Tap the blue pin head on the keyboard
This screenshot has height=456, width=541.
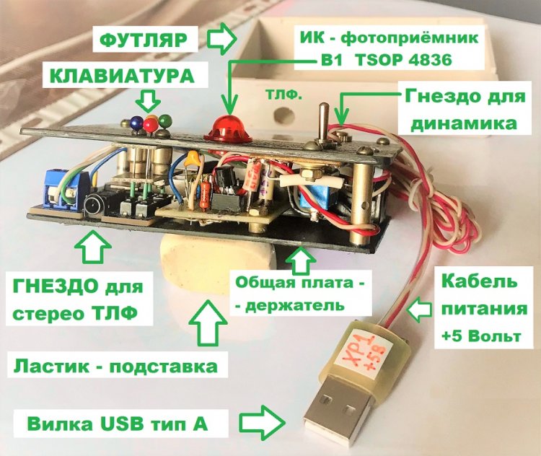(x=136, y=122)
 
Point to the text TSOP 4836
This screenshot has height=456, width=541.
(x=403, y=60)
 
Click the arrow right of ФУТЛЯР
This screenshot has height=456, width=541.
(x=221, y=39)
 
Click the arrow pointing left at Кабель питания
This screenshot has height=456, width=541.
(x=418, y=308)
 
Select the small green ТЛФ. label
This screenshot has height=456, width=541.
(x=284, y=95)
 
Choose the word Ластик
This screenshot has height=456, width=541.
(x=50, y=366)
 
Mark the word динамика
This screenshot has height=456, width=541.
(x=463, y=122)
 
